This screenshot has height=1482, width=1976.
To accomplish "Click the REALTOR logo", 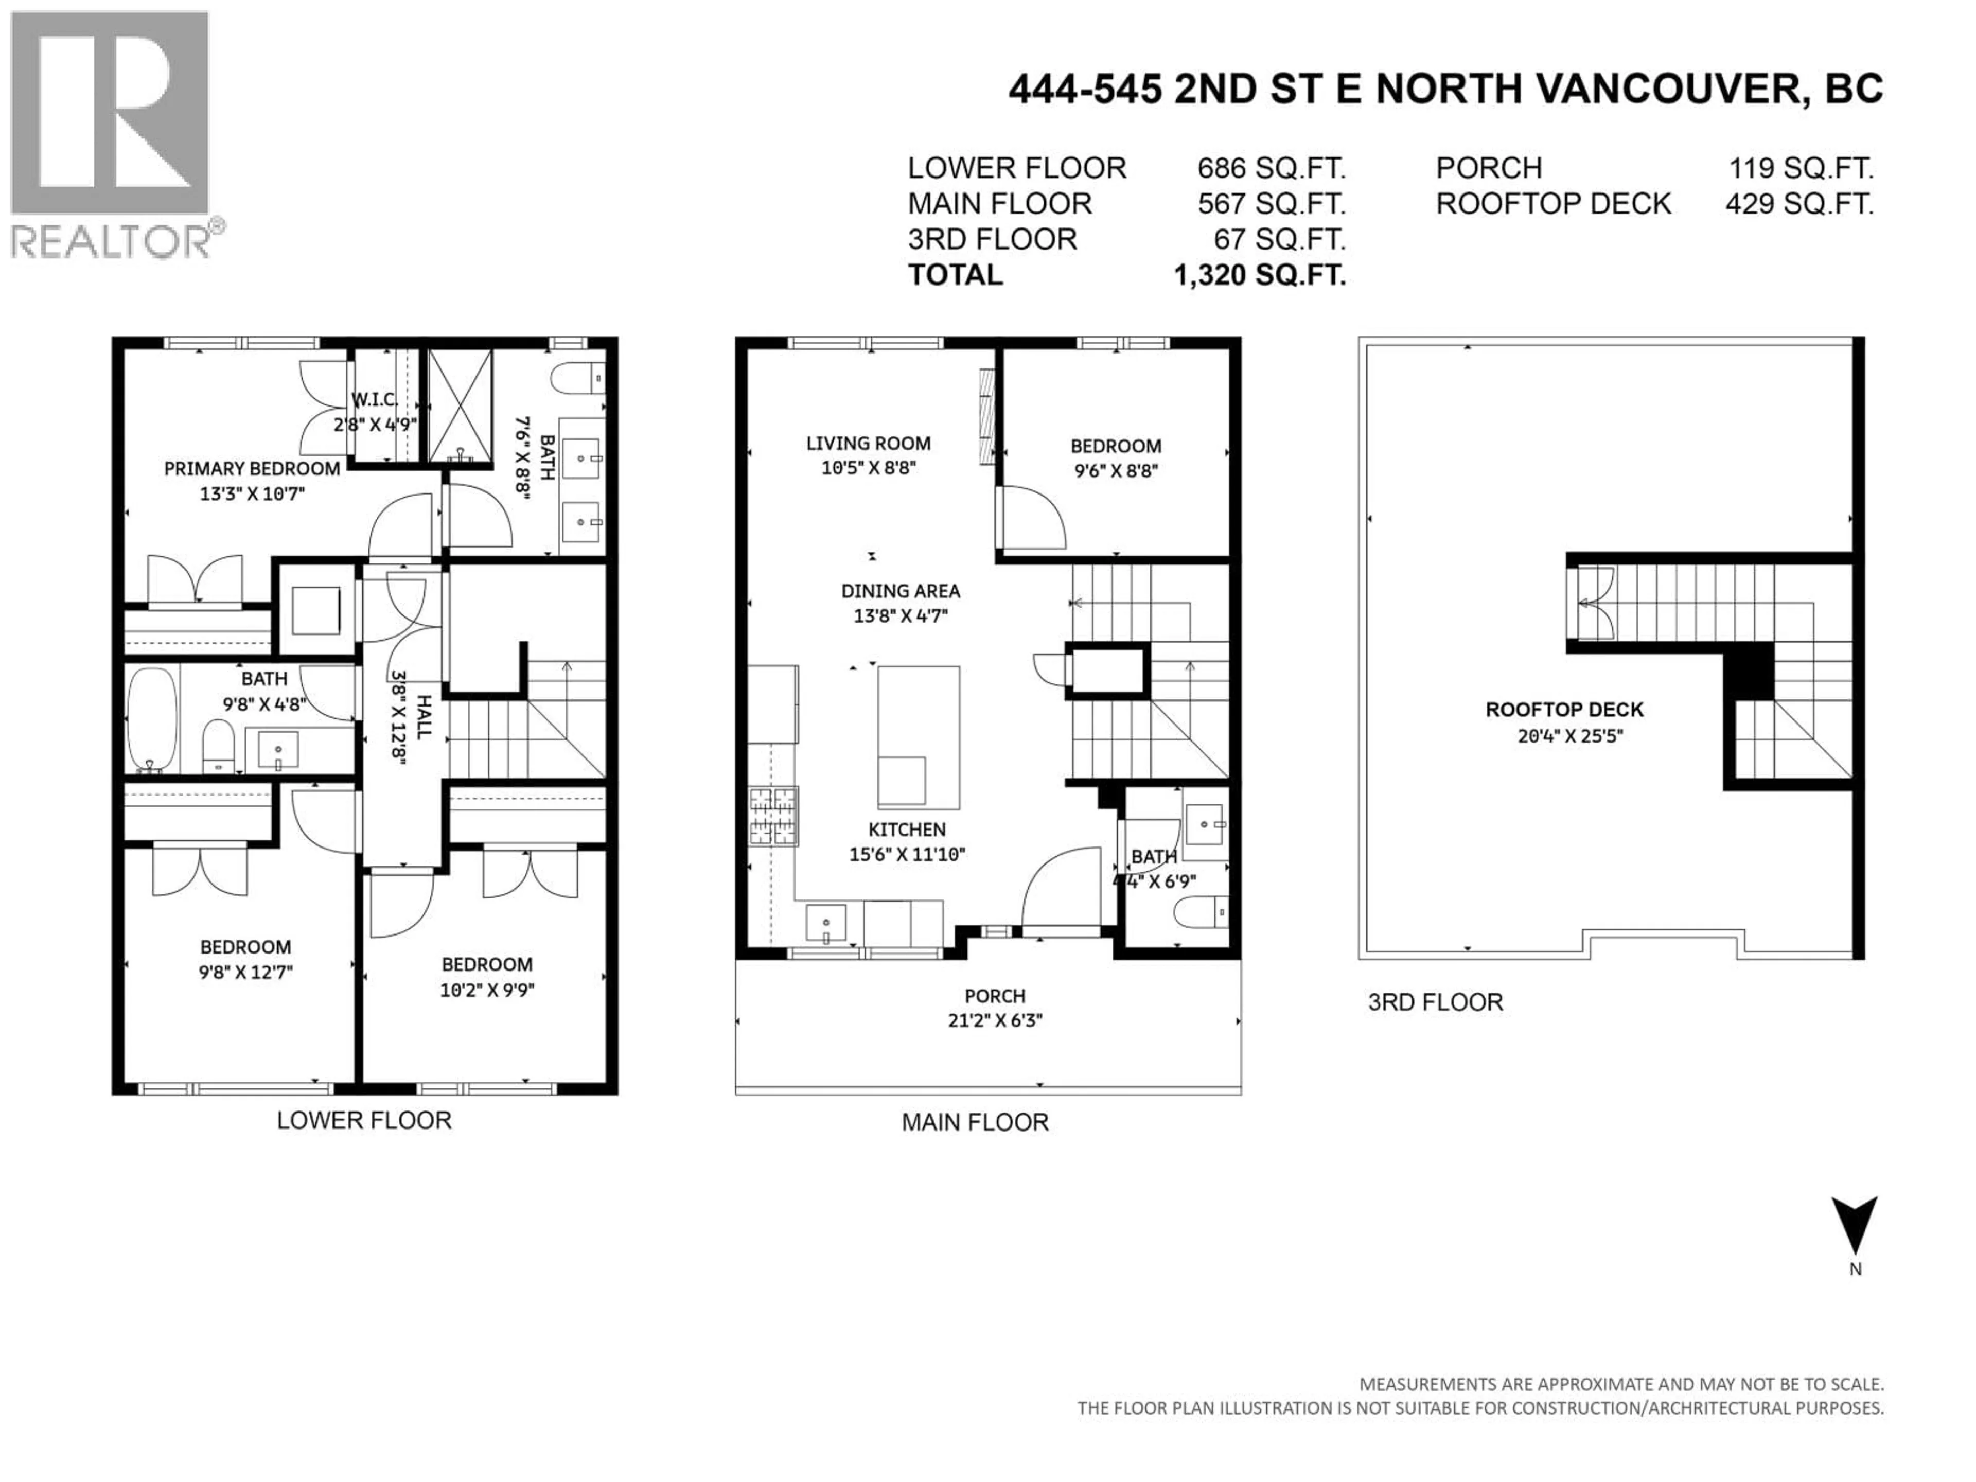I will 112,134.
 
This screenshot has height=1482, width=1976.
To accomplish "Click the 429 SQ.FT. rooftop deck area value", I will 1799,204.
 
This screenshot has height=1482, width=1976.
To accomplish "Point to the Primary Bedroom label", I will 252,469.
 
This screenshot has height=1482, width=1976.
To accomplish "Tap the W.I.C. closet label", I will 374,399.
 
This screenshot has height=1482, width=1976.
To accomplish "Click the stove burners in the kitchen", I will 773,816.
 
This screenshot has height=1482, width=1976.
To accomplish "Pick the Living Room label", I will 868,443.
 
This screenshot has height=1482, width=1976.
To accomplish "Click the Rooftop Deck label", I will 1564,710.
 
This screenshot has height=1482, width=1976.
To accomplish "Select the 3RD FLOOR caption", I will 1436,1002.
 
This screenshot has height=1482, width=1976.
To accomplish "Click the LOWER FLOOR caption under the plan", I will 364,1120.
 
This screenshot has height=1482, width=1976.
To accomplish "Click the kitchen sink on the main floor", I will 826,923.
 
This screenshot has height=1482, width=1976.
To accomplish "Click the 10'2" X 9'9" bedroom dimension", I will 487,990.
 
